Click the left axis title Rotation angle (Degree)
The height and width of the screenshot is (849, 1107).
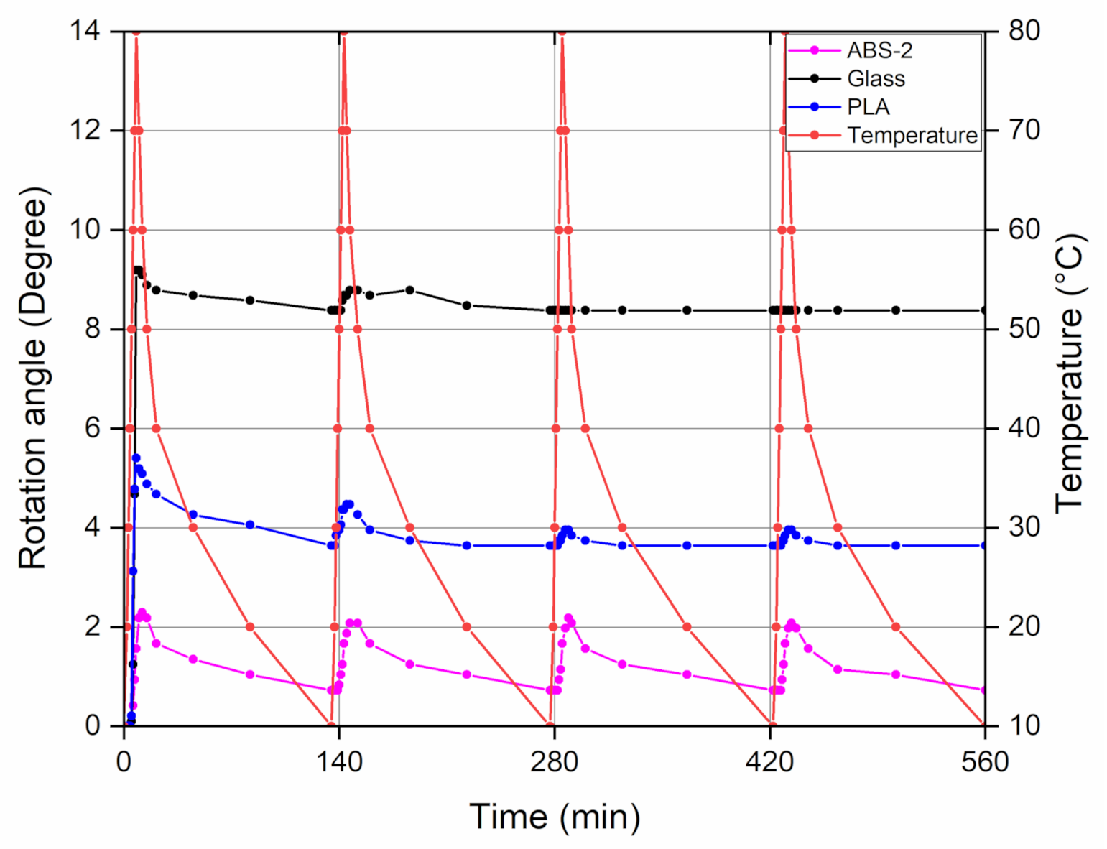point(32,379)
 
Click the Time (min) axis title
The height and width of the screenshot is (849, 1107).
point(554,817)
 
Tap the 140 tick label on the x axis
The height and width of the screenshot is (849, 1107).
point(339,761)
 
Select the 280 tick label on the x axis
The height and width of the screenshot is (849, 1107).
point(554,761)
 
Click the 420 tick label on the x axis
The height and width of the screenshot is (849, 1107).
point(769,761)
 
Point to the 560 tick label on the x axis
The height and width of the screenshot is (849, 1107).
point(984,761)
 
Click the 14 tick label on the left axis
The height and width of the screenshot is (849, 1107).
point(85,31)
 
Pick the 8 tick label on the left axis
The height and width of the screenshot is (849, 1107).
point(93,329)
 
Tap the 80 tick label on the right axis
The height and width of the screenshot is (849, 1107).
point(1024,31)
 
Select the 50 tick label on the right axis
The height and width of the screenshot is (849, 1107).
point(1024,329)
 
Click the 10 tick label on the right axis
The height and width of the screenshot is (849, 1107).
point(1024,725)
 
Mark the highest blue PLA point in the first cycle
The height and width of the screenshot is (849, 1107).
point(136,458)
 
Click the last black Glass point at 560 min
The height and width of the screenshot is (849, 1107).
point(984,310)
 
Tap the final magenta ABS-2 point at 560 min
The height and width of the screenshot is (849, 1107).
point(984,690)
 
